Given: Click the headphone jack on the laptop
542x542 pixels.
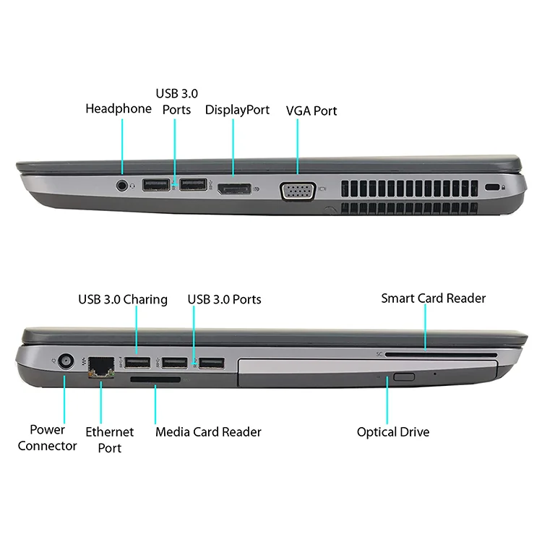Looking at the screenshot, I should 122,185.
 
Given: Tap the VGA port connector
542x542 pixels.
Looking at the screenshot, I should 297,192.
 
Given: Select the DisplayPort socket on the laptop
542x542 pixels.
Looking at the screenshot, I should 232,189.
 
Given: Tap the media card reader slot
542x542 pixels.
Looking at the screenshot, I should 155,378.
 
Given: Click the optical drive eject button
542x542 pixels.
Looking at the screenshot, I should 404,376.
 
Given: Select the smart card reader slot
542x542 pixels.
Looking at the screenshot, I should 441,355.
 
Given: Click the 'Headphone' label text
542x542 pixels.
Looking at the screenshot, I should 119,108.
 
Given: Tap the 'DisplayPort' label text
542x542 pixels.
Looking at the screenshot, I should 237,110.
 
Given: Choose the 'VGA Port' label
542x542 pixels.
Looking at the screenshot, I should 311,111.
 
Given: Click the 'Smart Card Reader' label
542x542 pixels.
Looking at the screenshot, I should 433,298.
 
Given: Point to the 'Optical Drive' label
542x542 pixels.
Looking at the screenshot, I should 393,432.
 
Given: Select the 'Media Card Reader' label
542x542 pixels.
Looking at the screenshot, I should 208,432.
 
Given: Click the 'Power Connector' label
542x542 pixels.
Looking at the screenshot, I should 48,438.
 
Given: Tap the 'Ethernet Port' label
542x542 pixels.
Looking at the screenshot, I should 109,439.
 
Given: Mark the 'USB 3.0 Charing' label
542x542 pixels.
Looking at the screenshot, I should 123,299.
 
